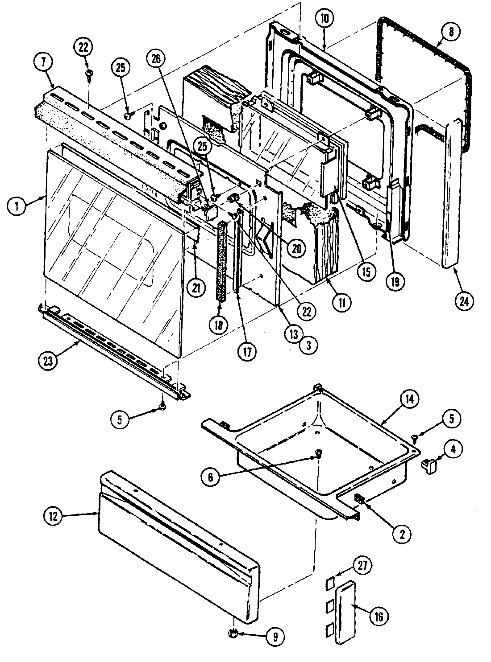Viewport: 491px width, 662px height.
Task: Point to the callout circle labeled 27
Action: point(362,565)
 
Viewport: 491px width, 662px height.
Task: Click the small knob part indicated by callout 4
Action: point(430,467)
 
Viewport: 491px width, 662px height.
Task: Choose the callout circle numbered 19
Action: point(396,281)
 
